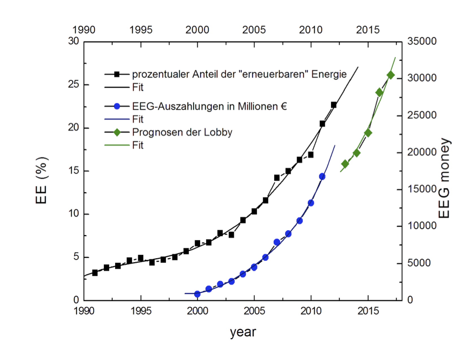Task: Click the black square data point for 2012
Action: pos(334,105)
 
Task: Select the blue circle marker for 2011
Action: pos(322,176)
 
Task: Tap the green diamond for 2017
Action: pos(390,75)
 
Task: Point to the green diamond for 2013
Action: pos(345,164)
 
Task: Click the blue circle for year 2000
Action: pos(197,294)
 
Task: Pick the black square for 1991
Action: pos(95,273)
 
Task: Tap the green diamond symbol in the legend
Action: pos(117,132)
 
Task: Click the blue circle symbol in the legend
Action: pos(117,106)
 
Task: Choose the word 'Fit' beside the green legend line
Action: pos(138,146)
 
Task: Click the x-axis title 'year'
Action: pos(243,332)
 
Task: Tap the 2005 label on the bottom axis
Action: pos(254,312)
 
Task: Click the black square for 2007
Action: pos(277,178)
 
